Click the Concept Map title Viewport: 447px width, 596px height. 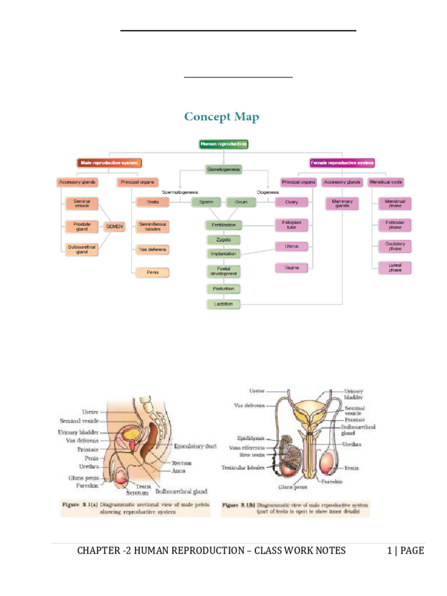[x=222, y=117]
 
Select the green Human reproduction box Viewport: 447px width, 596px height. [x=223, y=143]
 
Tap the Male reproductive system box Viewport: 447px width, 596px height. [x=109, y=163]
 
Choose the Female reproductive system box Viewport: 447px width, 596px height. [x=342, y=163]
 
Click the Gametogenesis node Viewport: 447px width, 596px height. [x=223, y=169]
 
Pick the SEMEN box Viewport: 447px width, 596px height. [x=114, y=226]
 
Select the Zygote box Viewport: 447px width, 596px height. [x=223, y=239]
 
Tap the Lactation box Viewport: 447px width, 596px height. [x=223, y=304]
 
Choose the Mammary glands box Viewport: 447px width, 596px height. [x=342, y=204]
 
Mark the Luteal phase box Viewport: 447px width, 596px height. [x=395, y=268]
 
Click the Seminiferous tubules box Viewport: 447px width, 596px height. [x=152, y=226]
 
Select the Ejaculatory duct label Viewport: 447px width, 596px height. [x=195, y=446]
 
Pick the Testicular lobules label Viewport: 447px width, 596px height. [x=243, y=467]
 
